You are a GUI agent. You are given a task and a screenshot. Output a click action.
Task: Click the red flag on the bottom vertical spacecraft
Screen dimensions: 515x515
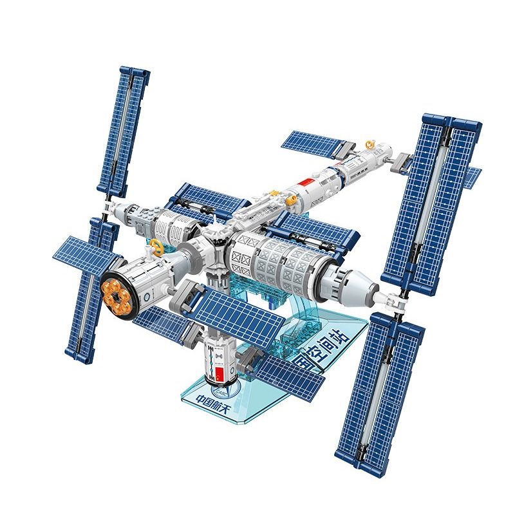pyautogui.click(x=218, y=374)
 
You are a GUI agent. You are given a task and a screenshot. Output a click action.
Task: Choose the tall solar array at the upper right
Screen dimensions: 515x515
pyautogui.click(x=433, y=200)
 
